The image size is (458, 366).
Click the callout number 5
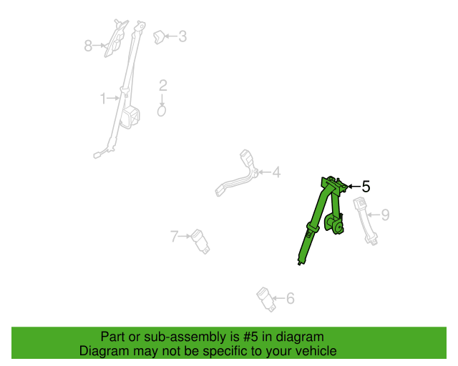366,187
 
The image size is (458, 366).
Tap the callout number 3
182,36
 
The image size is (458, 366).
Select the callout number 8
88,46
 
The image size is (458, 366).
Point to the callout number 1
103,99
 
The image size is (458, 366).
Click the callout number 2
163,86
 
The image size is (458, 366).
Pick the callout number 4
276,172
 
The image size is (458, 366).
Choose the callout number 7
175,237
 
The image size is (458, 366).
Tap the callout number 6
290,298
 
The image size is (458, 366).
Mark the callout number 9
386,215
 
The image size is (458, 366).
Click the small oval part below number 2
162,111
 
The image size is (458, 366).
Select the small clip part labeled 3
159,37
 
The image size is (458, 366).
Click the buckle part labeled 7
200,242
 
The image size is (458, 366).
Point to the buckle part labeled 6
266,300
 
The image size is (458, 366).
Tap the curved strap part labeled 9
365,221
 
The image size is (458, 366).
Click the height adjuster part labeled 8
116,38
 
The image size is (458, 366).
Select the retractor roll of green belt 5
334,223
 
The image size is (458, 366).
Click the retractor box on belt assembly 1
130,117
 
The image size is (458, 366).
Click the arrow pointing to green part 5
354,186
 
